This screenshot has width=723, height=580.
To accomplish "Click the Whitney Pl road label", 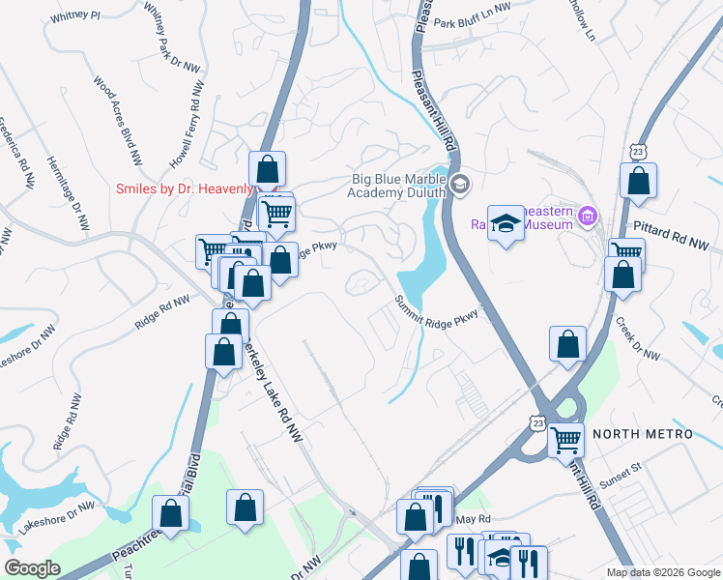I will pyautogui.click(x=75, y=15).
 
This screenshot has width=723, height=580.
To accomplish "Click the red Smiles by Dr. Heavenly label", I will pyautogui.click(x=184, y=188).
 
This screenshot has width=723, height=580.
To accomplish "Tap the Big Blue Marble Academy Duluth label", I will pyautogui.click(x=398, y=185).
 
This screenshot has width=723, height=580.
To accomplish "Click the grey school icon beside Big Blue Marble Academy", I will pyautogui.click(x=460, y=183).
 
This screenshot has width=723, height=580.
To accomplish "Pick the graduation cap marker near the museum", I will pyautogui.click(x=505, y=224).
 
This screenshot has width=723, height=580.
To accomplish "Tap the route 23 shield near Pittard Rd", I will pyautogui.click(x=636, y=152).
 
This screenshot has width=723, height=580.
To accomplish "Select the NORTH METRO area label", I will pyautogui.click(x=643, y=434).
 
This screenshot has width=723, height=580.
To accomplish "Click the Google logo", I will pyautogui.click(x=32, y=568).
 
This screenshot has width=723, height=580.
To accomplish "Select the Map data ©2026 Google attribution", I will pyautogui.click(x=662, y=572).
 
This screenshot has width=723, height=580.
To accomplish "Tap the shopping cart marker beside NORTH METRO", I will pyautogui.click(x=566, y=439).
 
